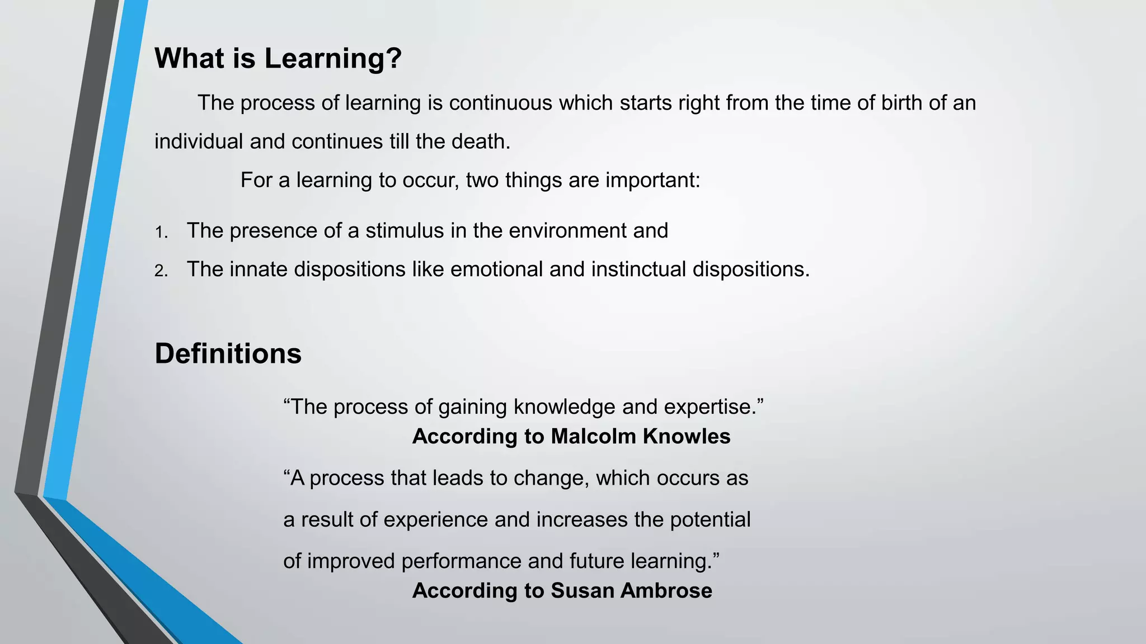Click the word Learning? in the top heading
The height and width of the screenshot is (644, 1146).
333,58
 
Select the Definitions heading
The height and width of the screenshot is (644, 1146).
228,354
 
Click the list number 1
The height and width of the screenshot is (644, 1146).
161,232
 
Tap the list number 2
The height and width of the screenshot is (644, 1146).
161,271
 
